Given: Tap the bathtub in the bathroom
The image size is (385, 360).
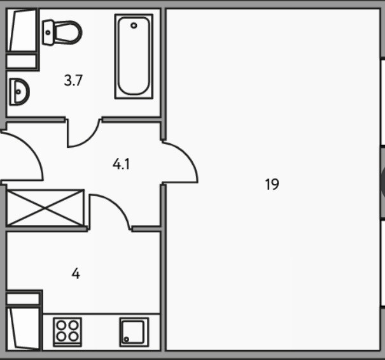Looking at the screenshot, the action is (x=134, y=56).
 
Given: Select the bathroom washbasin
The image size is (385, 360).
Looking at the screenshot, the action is (x=19, y=92).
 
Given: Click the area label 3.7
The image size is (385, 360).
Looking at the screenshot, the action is (x=74, y=80).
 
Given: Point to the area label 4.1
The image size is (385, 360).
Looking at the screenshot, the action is (x=121, y=164).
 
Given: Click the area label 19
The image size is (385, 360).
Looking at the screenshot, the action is (x=272, y=185).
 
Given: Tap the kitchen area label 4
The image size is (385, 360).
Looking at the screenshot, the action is (x=76, y=274).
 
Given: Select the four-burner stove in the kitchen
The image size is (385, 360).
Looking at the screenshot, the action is (x=67, y=331).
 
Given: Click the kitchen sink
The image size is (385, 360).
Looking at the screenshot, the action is (x=134, y=331).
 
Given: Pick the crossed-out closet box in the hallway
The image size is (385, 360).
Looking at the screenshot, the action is (x=45, y=207).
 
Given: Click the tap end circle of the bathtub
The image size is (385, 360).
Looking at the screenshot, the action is (x=134, y=26).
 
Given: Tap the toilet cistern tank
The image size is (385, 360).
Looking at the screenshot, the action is (x=48, y=32).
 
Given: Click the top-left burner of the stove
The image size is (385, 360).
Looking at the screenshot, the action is (x=62, y=326).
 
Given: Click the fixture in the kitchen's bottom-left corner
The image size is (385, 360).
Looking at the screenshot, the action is (x=23, y=322).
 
